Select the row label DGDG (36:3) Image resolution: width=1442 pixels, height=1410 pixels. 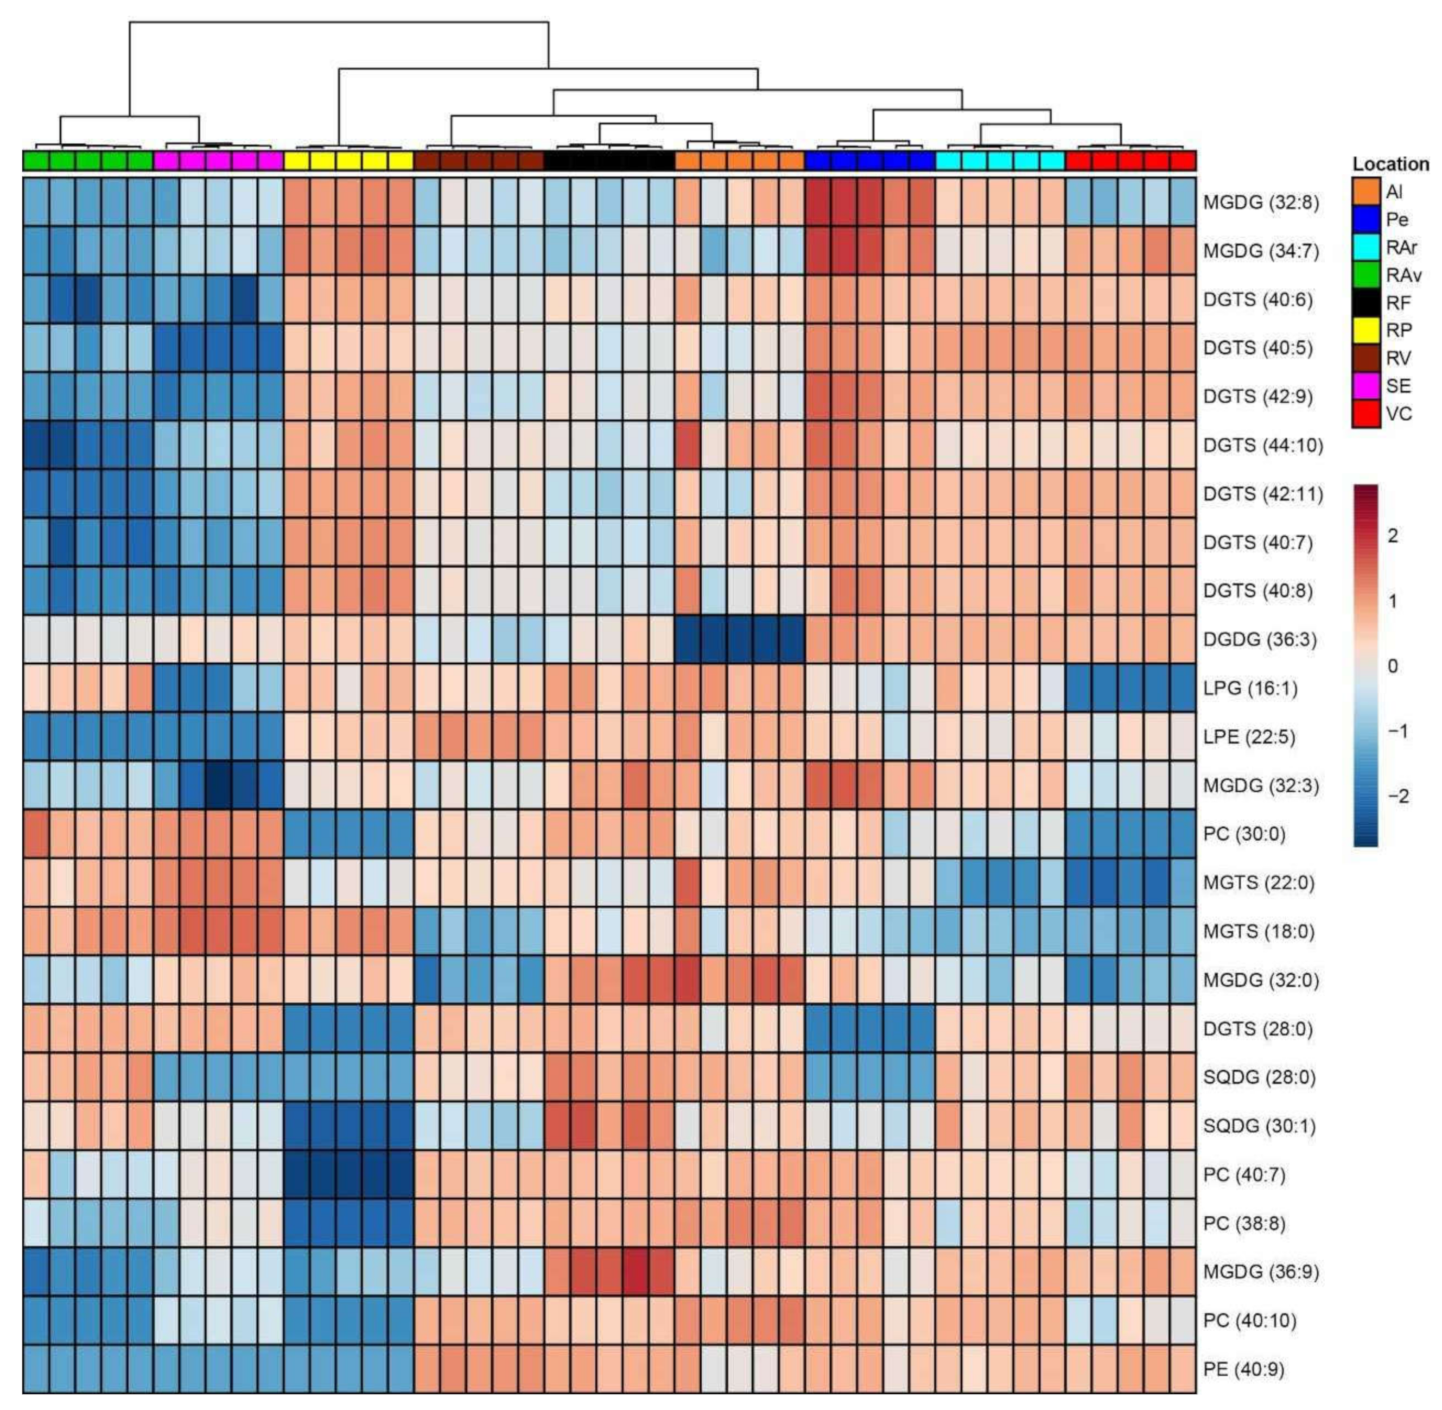pos(1259,639)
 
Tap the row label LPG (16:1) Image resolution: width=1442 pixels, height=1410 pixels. pos(1249,688)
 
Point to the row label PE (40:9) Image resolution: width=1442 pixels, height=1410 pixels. pos(1243,1369)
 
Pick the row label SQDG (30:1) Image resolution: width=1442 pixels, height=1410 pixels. pos(1259,1126)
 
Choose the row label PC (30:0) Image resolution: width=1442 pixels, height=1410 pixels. pos(1243,834)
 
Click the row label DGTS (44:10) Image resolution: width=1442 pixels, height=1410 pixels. pos(1262,445)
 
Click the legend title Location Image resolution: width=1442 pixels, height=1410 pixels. pos(1390,164)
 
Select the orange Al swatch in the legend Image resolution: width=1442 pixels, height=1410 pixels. pos(1365,192)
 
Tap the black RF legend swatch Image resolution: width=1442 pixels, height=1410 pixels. pos(1365,303)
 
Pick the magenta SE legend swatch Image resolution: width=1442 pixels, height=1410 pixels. pos(1365,386)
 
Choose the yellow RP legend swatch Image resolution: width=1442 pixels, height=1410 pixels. pos(1365,331)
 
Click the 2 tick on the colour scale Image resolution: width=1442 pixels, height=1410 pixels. pos(1393,536)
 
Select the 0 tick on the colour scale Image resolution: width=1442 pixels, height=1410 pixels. pos(1393,666)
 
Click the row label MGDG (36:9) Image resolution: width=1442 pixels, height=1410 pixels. pos(1261,1272)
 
